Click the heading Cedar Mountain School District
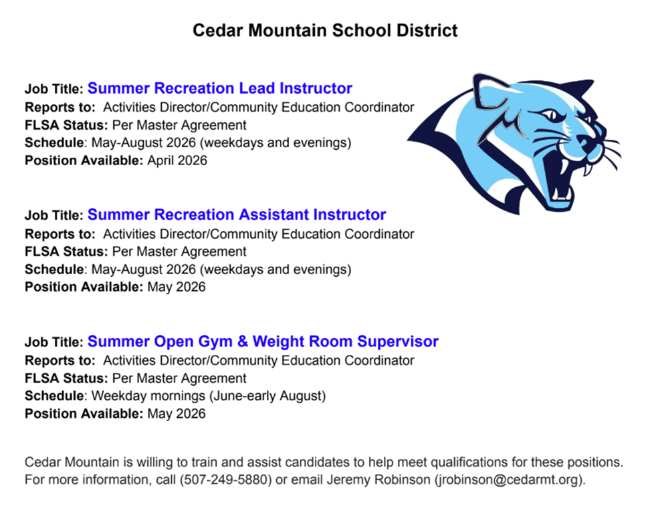(x=325, y=31)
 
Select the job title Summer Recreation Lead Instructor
(x=219, y=88)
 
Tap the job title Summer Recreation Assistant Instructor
(x=236, y=215)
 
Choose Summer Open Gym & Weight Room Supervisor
(x=263, y=342)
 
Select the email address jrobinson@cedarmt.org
(x=509, y=480)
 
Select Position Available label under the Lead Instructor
(x=84, y=160)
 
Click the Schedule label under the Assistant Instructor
(x=54, y=269)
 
